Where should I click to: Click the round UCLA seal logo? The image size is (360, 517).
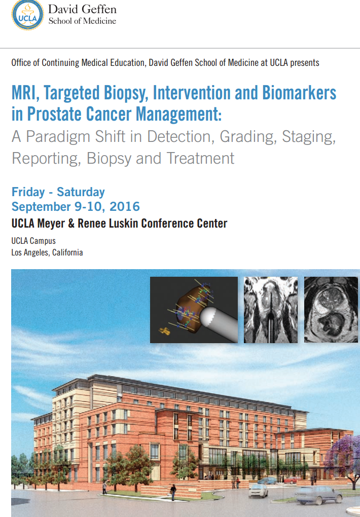tap(27, 15)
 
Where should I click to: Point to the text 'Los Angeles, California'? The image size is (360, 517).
tap(47, 252)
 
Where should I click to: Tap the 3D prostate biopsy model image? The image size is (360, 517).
tap(193, 309)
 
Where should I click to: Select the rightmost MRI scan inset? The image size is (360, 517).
tap(331, 309)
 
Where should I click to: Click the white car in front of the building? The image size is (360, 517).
tap(259, 489)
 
